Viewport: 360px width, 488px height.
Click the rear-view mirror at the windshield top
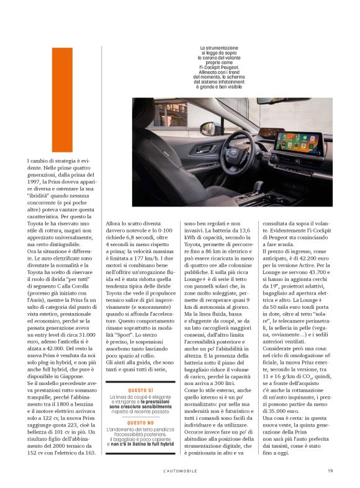(275, 100)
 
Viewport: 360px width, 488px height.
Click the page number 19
(330, 471)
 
